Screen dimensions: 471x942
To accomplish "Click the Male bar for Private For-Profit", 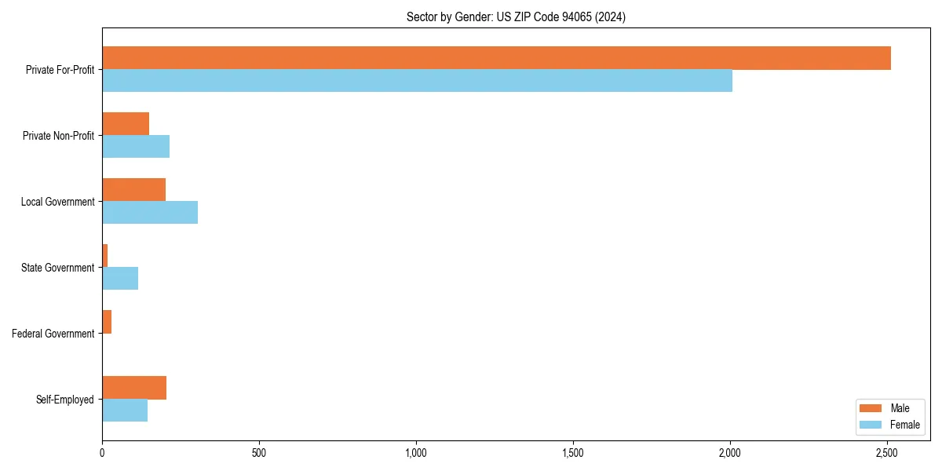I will click(x=496, y=58).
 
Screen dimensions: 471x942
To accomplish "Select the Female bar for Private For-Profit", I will click(x=417, y=81).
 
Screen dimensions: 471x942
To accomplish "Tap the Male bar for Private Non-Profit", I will click(x=126, y=124).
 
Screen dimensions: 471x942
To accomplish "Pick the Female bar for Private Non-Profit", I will click(x=136, y=147).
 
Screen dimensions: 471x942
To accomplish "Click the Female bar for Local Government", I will click(x=150, y=213).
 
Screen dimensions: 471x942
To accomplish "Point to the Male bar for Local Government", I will click(x=133, y=190).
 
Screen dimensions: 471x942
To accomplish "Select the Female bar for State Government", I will click(x=120, y=279).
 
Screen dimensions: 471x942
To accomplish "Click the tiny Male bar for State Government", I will click(x=105, y=256).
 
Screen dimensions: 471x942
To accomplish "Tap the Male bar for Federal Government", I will click(x=107, y=322).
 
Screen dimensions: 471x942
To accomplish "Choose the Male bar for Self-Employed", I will click(x=134, y=388).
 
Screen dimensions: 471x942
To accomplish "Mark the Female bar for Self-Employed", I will click(x=125, y=411).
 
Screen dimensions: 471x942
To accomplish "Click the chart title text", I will click(x=516, y=16).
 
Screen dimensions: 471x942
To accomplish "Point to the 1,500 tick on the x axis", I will click(x=573, y=453).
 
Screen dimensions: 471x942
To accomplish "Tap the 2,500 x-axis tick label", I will click(x=887, y=453).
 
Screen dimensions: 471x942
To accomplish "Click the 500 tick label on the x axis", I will click(x=259, y=453).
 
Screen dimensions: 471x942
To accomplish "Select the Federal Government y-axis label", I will click(x=53, y=334).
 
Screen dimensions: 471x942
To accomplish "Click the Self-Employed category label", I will click(x=65, y=400).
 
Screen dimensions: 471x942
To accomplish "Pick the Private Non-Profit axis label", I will click(x=58, y=136).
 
